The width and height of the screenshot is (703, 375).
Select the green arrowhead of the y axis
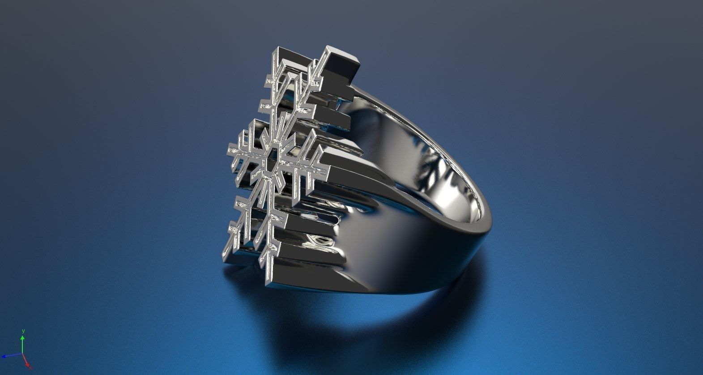pos(22,338)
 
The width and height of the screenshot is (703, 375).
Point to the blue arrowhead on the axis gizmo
pos(4,356)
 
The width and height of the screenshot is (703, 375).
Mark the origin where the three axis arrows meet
pos(22,354)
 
